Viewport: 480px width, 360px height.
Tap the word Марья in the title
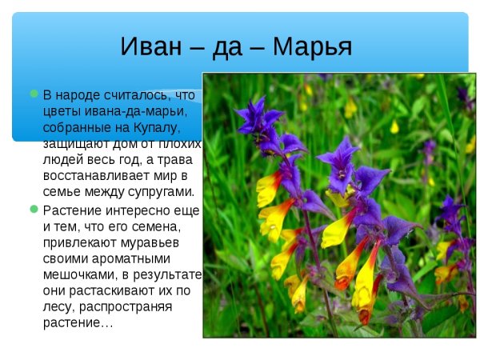pyautogui.click(x=312, y=46)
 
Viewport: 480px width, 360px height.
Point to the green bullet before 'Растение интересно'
pyautogui.click(x=34, y=209)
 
